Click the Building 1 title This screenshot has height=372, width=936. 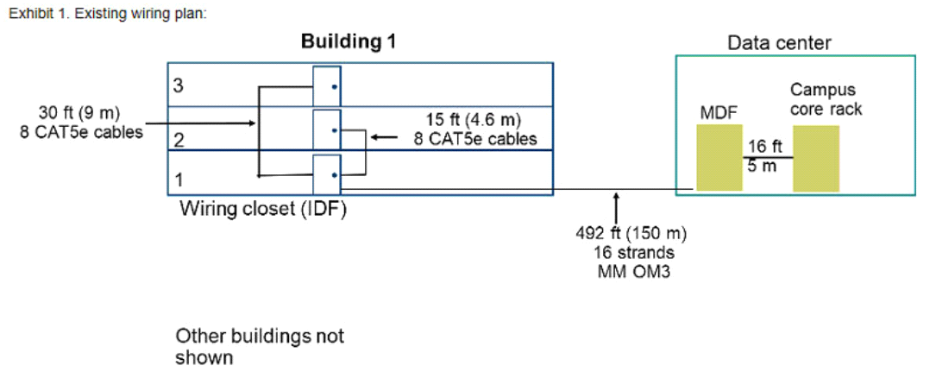349,41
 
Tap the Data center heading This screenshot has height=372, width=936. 779,43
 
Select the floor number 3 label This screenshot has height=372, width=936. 178,85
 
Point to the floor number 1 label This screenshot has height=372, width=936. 178,180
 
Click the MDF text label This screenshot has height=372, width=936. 719,112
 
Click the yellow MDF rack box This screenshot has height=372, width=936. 720,157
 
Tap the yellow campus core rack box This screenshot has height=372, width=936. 816,158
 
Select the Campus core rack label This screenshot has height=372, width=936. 826,99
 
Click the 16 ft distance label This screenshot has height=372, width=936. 763,146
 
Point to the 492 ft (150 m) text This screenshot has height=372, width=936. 631,234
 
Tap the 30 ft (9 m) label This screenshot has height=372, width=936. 79,113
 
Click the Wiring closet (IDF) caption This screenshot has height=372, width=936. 263,210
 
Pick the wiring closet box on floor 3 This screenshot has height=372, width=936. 327,86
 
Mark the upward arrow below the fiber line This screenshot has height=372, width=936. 616,207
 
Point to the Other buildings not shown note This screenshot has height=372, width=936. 259,346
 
